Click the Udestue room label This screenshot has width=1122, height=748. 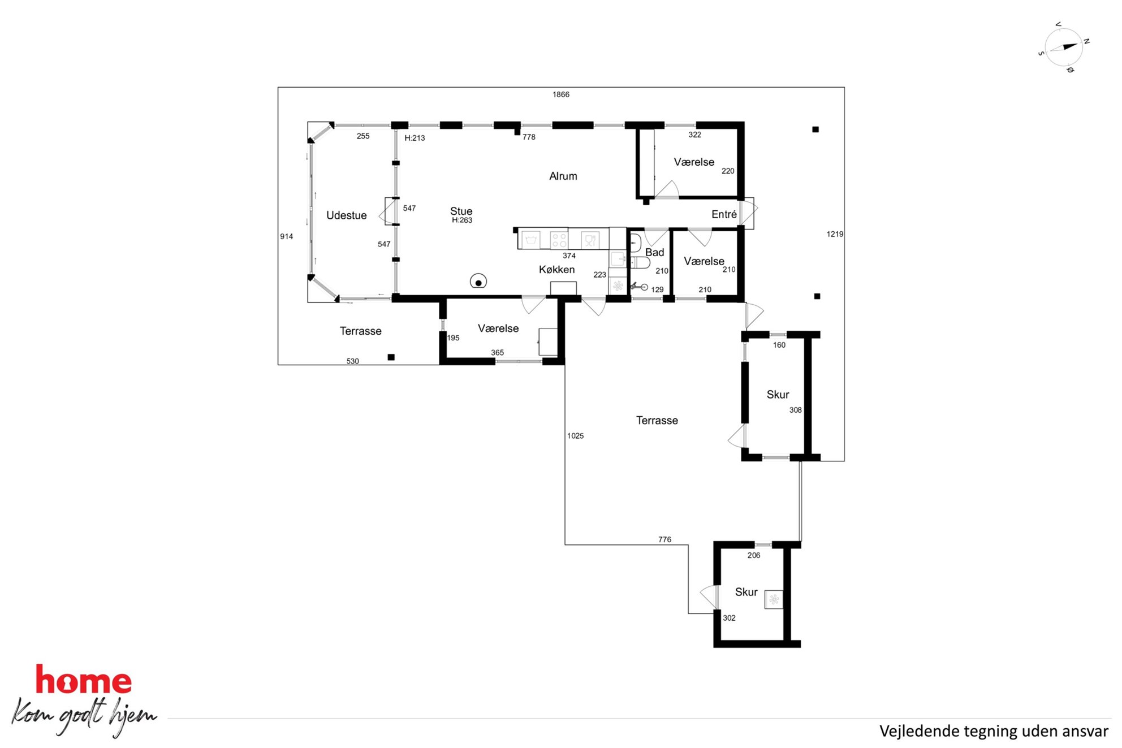click(346, 215)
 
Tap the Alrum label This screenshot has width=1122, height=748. click(563, 176)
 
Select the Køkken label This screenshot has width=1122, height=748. click(556, 270)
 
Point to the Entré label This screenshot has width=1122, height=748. click(724, 214)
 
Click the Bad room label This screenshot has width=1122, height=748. click(654, 252)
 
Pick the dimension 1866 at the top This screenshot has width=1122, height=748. click(561, 94)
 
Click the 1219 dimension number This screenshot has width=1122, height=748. click(835, 234)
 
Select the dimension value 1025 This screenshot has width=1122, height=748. click(575, 436)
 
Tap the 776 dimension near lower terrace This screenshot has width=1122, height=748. click(664, 539)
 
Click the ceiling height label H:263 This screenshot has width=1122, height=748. click(461, 220)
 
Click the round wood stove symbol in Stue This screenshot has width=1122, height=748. click(478, 281)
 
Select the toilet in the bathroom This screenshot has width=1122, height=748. click(640, 262)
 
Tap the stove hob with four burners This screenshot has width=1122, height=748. click(559, 240)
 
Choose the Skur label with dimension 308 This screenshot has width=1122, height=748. click(778, 395)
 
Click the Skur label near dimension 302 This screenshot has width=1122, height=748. click(746, 592)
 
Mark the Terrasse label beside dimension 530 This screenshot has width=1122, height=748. click(360, 331)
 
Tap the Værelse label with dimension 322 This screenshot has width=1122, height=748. click(694, 162)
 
